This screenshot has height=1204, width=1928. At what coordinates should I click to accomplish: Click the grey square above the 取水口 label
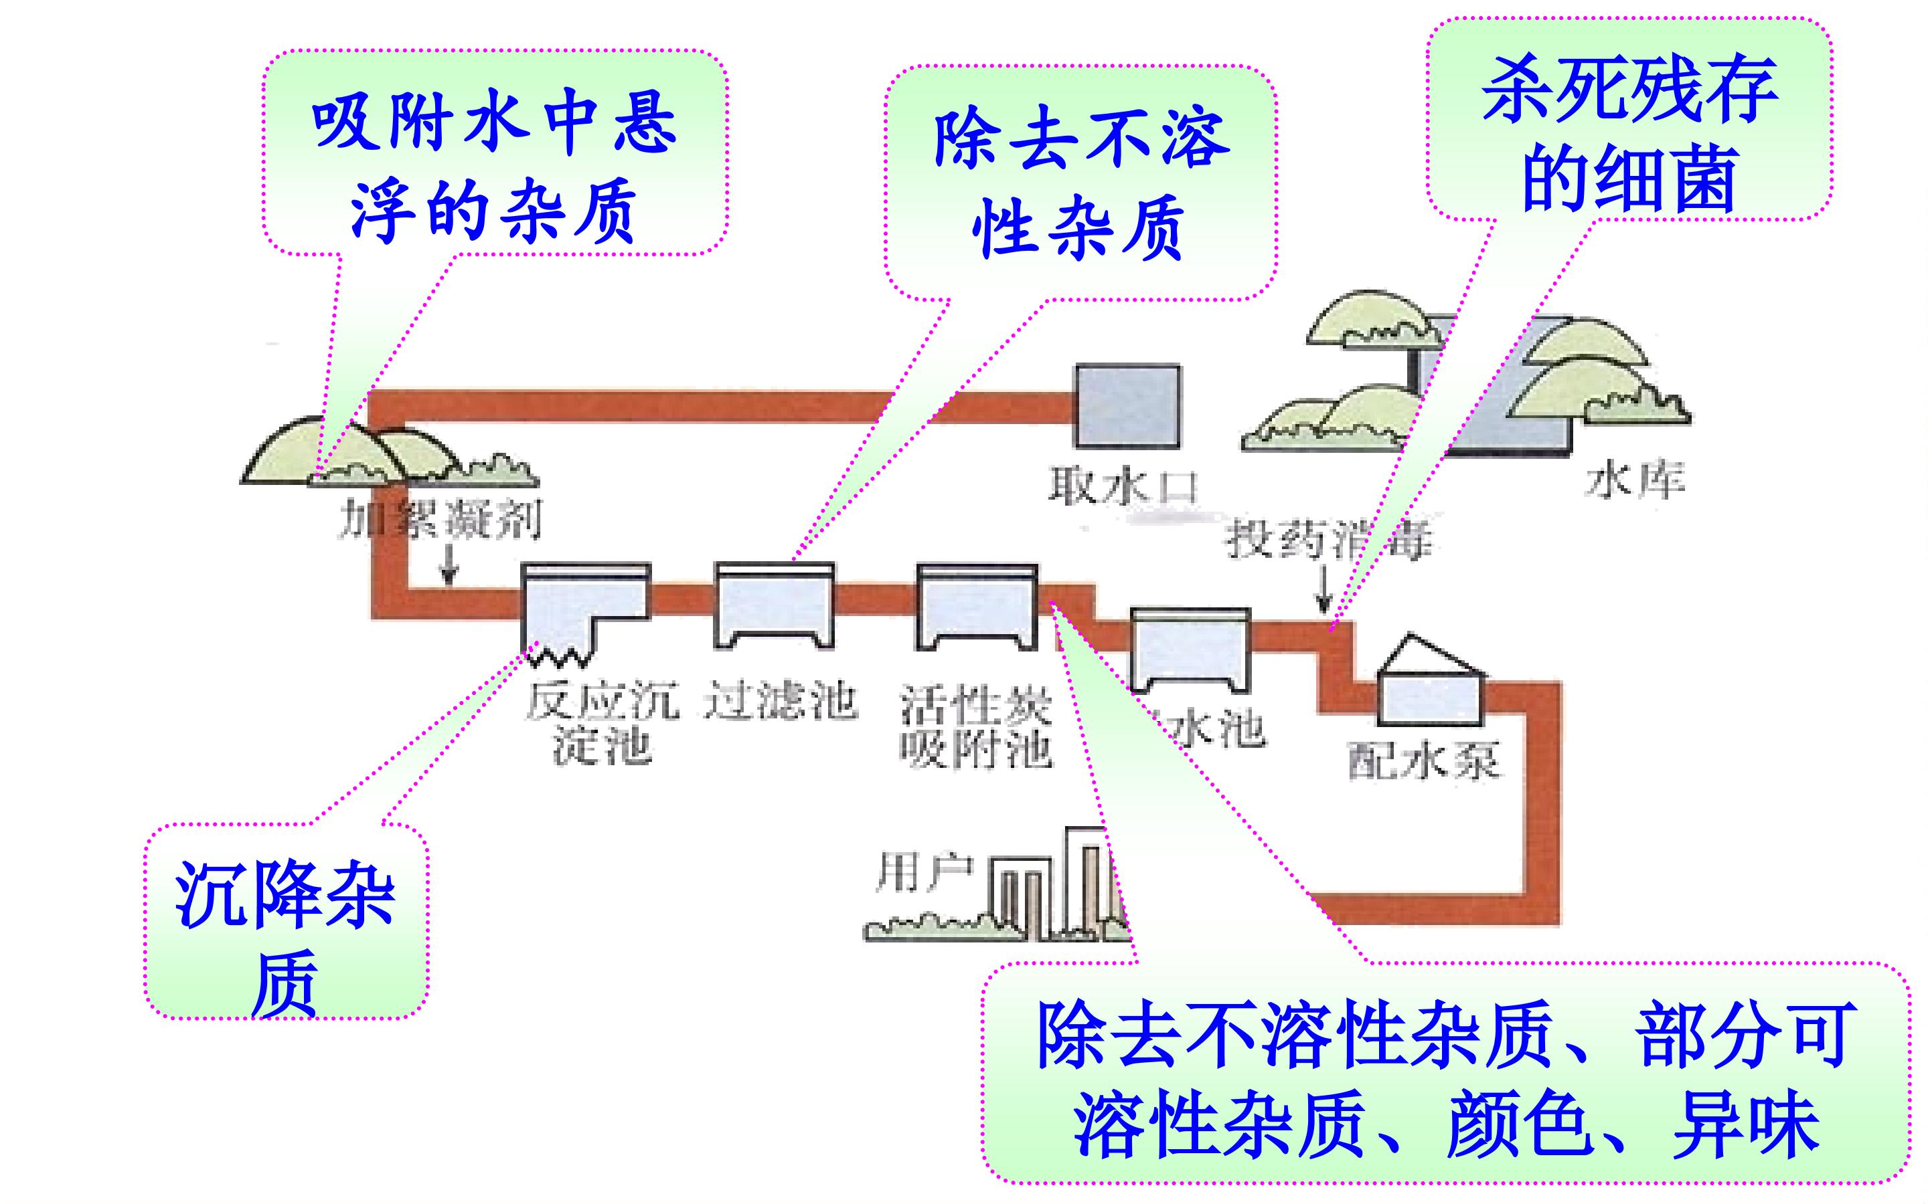tap(1127, 406)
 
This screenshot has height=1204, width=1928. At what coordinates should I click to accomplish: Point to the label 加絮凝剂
tap(440, 520)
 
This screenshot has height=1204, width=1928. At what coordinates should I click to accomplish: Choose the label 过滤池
tap(781, 702)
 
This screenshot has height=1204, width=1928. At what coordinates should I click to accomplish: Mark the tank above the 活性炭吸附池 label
tap(977, 607)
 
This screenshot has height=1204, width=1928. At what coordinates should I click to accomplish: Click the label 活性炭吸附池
tap(977, 726)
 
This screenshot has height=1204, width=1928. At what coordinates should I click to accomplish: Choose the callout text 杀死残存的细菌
tap(1629, 134)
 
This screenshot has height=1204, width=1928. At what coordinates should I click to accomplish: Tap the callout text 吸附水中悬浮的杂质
tap(494, 169)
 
